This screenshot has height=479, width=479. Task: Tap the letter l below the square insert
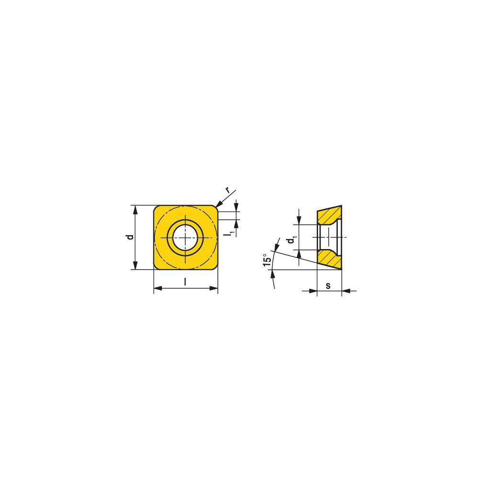[x=185, y=283]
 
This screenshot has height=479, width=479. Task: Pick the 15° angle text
[x=267, y=261]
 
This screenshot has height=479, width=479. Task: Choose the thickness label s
[x=328, y=285]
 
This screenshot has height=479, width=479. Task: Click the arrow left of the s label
[x=313, y=290]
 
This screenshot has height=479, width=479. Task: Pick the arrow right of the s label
[x=346, y=290]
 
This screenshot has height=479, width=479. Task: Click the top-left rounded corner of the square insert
[x=156, y=207]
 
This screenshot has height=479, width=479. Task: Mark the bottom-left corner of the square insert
[x=156, y=267]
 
